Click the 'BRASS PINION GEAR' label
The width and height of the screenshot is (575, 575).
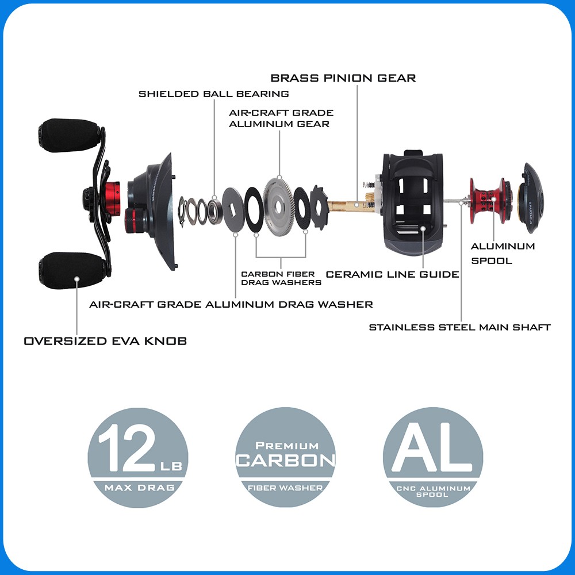pos(343,78)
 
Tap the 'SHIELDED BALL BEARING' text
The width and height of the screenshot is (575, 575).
pos(214,94)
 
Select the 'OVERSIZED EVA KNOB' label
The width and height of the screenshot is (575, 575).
pos(105,341)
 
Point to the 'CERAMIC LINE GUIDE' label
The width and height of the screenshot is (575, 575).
pos(392,274)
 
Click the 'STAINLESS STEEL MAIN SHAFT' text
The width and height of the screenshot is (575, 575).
pos(460,327)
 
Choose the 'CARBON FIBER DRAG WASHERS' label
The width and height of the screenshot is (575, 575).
pos(281,278)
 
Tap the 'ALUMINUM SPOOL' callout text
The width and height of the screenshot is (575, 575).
pos(503,254)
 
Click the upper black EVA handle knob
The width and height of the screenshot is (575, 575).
pos(69,135)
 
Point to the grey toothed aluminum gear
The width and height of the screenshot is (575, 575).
pos(279,206)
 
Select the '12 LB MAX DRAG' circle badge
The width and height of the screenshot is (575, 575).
pos(138,458)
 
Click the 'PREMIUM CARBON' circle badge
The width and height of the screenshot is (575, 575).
pos(285,458)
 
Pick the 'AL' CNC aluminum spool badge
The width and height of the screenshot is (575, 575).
pos(433,458)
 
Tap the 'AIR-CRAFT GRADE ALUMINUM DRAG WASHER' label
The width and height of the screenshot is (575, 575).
pos(231,304)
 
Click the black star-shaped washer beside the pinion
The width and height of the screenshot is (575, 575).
pos(319,207)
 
